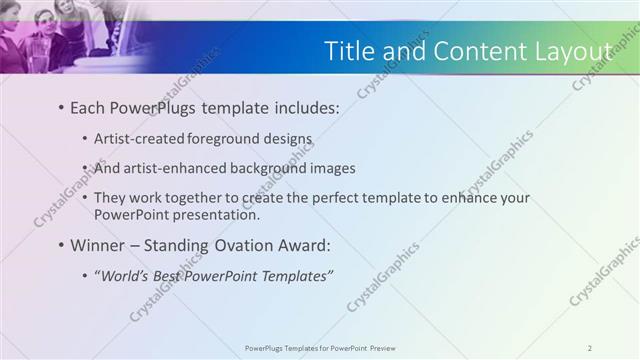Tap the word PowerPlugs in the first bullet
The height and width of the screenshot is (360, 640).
pyautogui.click(x=146, y=106)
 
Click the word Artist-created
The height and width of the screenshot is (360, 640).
pyautogui.click(x=139, y=139)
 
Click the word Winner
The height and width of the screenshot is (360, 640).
pyautogui.click(x=97, y=245)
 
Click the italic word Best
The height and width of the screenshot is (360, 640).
pyautogui.click(x=163, y=276)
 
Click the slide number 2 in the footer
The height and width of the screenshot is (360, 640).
pyautogui.click(x=589, y=348)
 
